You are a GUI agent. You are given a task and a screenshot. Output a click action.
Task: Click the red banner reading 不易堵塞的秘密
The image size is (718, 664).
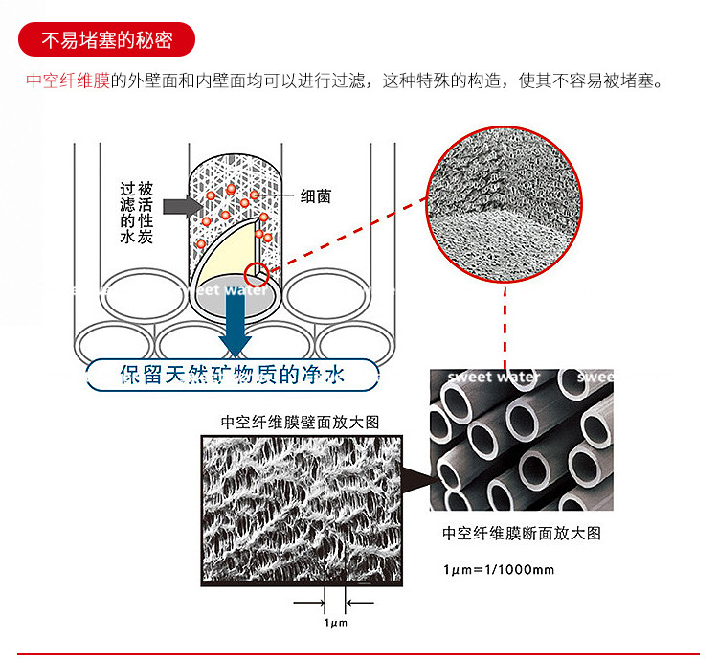(105, 42)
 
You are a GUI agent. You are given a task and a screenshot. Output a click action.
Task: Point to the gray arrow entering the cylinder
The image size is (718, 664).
(179, 206)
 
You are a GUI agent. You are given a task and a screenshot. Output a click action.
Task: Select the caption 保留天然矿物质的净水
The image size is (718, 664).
(234, 375)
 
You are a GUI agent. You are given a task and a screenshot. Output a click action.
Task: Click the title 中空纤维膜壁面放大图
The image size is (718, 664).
(300, 421)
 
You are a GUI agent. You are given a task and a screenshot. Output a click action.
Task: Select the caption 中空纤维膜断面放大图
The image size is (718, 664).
(522, 534)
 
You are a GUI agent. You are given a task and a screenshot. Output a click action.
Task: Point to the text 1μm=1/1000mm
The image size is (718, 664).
(498, 570)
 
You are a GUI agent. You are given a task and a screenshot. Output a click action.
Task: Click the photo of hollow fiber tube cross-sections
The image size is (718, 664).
(521, 440)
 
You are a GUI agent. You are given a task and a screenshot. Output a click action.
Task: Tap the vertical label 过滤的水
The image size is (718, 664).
(127, 213)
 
